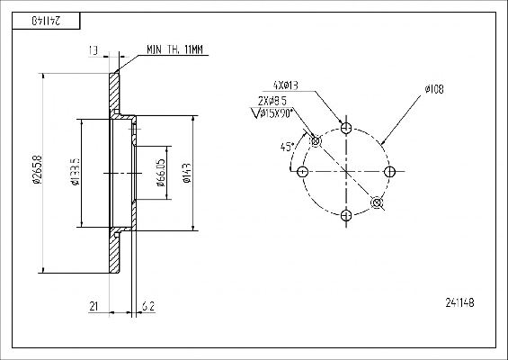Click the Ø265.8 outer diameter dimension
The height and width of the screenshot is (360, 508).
click(37, 169)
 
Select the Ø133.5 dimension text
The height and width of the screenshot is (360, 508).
click(76, 172)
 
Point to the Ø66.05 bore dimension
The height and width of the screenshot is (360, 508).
click(161, 173)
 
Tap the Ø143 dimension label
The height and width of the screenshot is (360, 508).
click(187, 173)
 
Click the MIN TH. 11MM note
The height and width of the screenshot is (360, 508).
click(174, 49)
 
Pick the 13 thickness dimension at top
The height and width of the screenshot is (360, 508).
click(93, 50)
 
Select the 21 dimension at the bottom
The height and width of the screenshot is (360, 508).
click(94, 306)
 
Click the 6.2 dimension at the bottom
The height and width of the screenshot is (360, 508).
click(148, 306)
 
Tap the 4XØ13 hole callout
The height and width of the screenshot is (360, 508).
click(286, 85)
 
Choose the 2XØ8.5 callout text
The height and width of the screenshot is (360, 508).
click(272, 101)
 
